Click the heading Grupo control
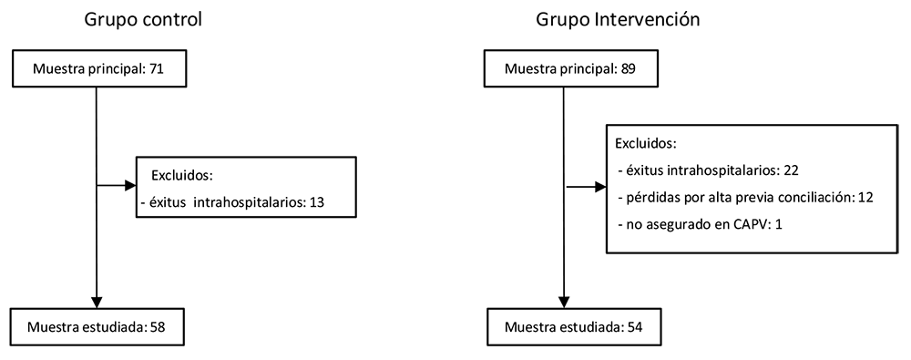pos(144,20)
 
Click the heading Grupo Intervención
pos(618,20)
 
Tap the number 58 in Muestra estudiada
pos(158,327)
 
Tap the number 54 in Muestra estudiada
pos(636,327)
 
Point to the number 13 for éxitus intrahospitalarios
pos(316,202)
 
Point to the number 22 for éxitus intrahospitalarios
pos(792,170)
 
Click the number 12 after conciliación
pos(865,197)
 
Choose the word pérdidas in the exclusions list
pos(649,197)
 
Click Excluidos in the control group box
pos(182,175)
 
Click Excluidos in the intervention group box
pos(646,143)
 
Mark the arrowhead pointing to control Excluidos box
pos(130,186)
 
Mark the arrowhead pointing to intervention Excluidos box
pos(600,187)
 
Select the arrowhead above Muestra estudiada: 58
pos(96,302)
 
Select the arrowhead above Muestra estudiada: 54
pos(564,302)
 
